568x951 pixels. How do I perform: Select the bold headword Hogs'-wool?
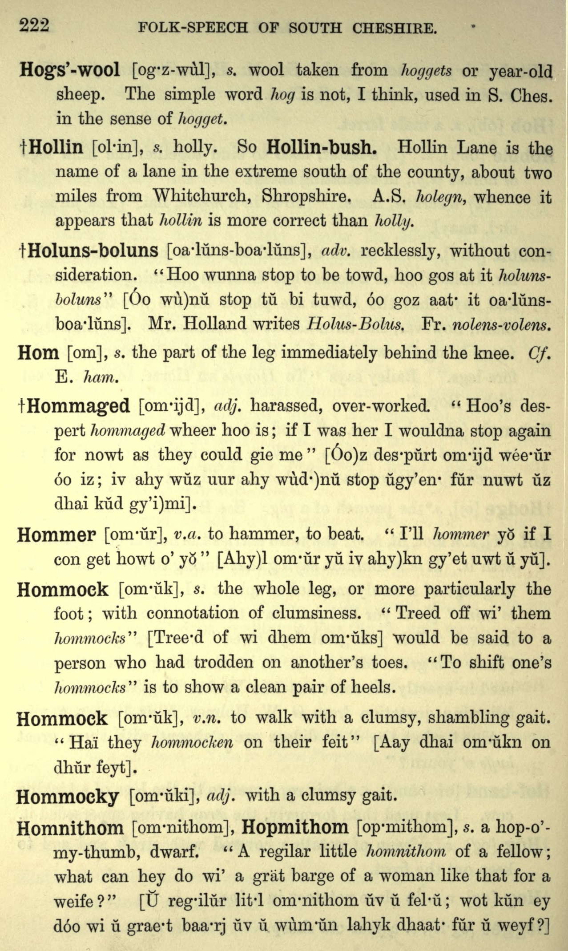point(70,70)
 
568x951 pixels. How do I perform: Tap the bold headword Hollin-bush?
point(322,147)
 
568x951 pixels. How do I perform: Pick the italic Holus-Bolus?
point(355,324)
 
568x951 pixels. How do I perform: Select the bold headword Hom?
point(39,353)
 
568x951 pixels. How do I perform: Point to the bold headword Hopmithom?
point(295,827)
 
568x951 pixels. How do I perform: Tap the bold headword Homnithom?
point(70,828)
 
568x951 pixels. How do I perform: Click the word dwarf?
point(174,852)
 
